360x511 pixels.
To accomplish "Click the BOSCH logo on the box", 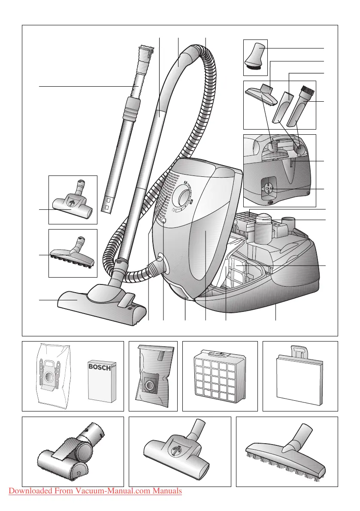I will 99,368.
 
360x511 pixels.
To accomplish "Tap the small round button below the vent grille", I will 163,221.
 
